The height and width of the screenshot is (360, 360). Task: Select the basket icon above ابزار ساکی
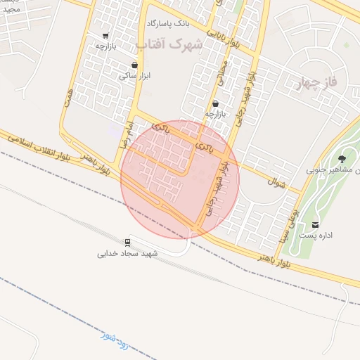134,65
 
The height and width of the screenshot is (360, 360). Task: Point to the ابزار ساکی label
134,76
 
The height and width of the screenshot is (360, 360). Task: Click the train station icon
127,241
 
